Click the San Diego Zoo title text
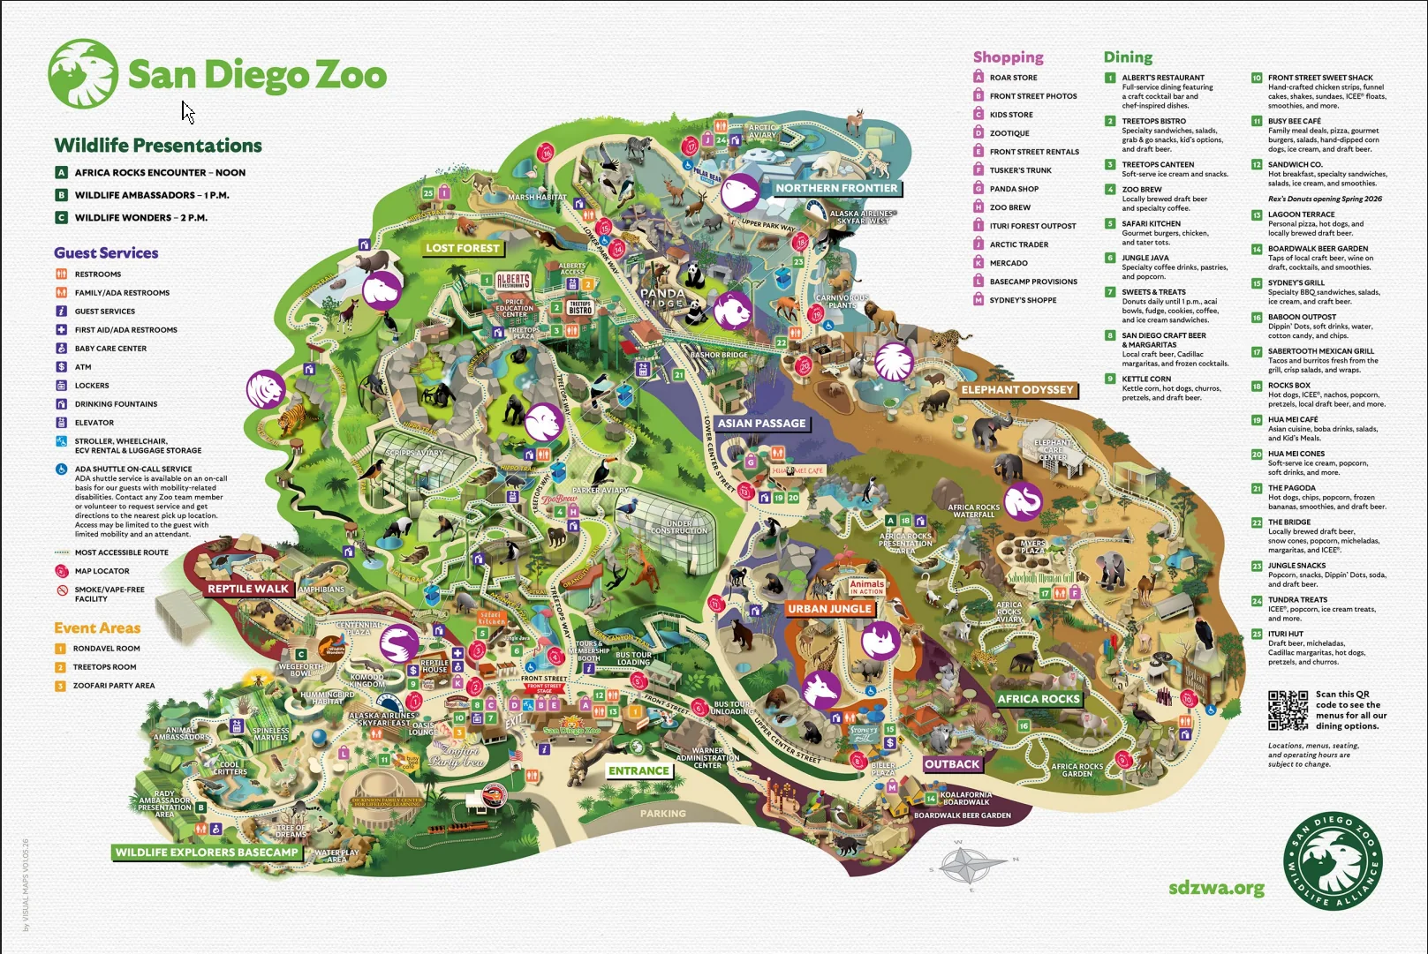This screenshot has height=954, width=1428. point(257,75)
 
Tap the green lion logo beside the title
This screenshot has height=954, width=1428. point(83,74)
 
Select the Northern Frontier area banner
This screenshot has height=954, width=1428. point(835,188)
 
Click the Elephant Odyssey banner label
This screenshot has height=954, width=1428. point(1017,389)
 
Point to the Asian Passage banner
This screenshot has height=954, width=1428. point(761,424)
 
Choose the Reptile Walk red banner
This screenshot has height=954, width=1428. point(248,589)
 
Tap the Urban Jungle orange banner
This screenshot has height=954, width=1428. point(829,609)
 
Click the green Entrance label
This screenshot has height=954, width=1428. point(638,770)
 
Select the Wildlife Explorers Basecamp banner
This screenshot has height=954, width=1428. point(207,853)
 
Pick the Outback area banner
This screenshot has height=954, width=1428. point(952,764)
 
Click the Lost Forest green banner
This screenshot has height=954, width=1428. point(463,248)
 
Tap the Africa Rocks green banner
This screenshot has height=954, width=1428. point(1039,699)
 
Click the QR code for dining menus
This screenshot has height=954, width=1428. point(1288,710)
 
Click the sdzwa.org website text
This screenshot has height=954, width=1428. point(1216,888)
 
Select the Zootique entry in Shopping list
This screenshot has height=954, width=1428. point(1009,133)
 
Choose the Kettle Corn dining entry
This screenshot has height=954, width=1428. point(1146,379)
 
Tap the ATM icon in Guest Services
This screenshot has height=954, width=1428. point(62,367)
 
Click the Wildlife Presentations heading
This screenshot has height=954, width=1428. point(158,146)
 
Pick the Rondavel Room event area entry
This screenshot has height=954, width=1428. point(106,649)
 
